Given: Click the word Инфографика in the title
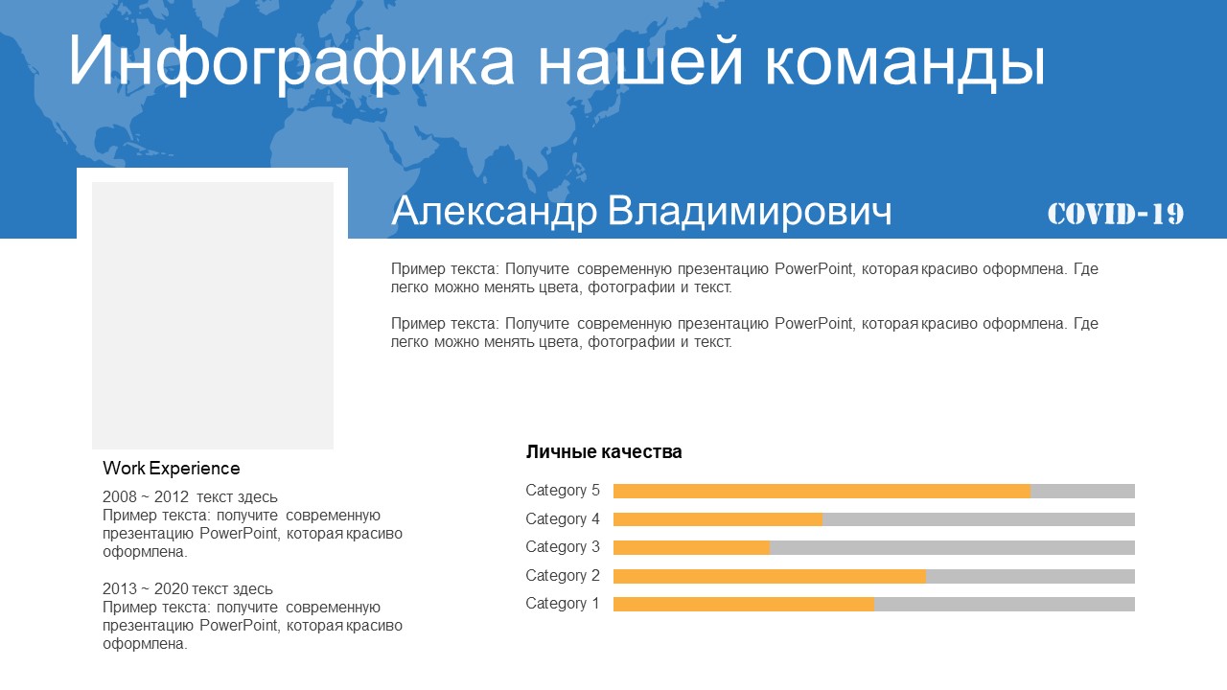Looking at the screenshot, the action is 290,61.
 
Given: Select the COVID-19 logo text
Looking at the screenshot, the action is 1116,214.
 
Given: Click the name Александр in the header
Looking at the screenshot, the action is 494,212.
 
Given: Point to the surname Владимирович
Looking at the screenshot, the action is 750,212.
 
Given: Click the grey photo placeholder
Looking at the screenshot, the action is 213,315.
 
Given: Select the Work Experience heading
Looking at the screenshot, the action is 171,469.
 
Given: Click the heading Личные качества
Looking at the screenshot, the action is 604,451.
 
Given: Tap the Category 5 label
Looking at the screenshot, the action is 563,490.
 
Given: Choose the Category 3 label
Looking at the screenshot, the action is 563,546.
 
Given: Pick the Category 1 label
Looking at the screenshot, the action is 563,604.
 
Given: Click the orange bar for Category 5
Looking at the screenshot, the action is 822,491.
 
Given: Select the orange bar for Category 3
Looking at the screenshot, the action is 691,547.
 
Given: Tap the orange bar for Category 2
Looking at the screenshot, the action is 770,576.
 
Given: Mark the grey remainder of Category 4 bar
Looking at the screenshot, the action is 979,519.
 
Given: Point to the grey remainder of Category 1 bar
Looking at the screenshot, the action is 1005,604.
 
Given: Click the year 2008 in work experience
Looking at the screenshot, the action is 120,496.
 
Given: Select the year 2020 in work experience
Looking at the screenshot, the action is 171,588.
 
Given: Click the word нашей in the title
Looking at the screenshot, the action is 639,61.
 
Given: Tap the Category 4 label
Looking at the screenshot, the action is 563,518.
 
